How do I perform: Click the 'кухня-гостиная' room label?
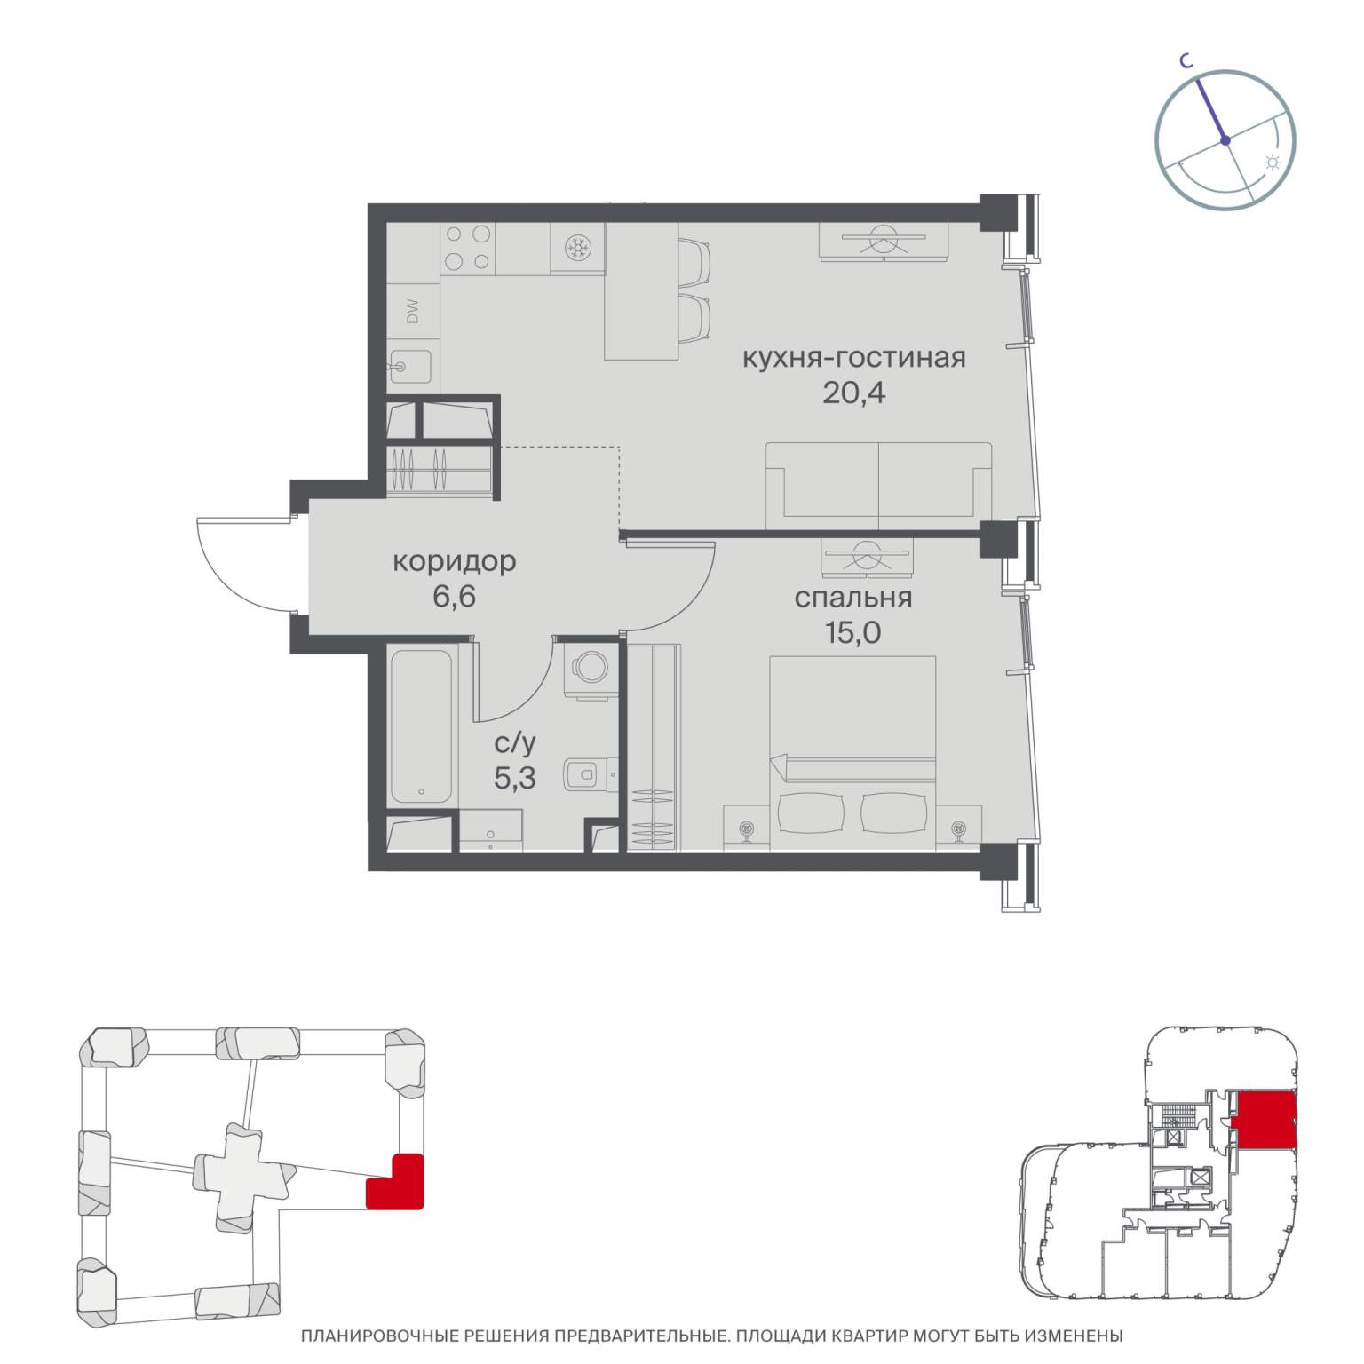click(852, 359)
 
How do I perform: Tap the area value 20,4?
click(853, 392)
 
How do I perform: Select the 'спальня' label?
click(852, 599)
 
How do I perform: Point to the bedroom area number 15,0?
click(852, 632)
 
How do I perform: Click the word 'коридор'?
click(454, 563)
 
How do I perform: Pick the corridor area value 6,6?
click(454, 596)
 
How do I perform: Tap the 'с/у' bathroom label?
click(515, 744)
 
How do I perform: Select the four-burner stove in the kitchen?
click(468, 248)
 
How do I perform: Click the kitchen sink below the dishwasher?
click(410, 368)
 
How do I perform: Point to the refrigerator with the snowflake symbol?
click(577, 248)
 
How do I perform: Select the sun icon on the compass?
click(1273, 163)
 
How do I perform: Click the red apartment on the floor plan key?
click(1265, 1121)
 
